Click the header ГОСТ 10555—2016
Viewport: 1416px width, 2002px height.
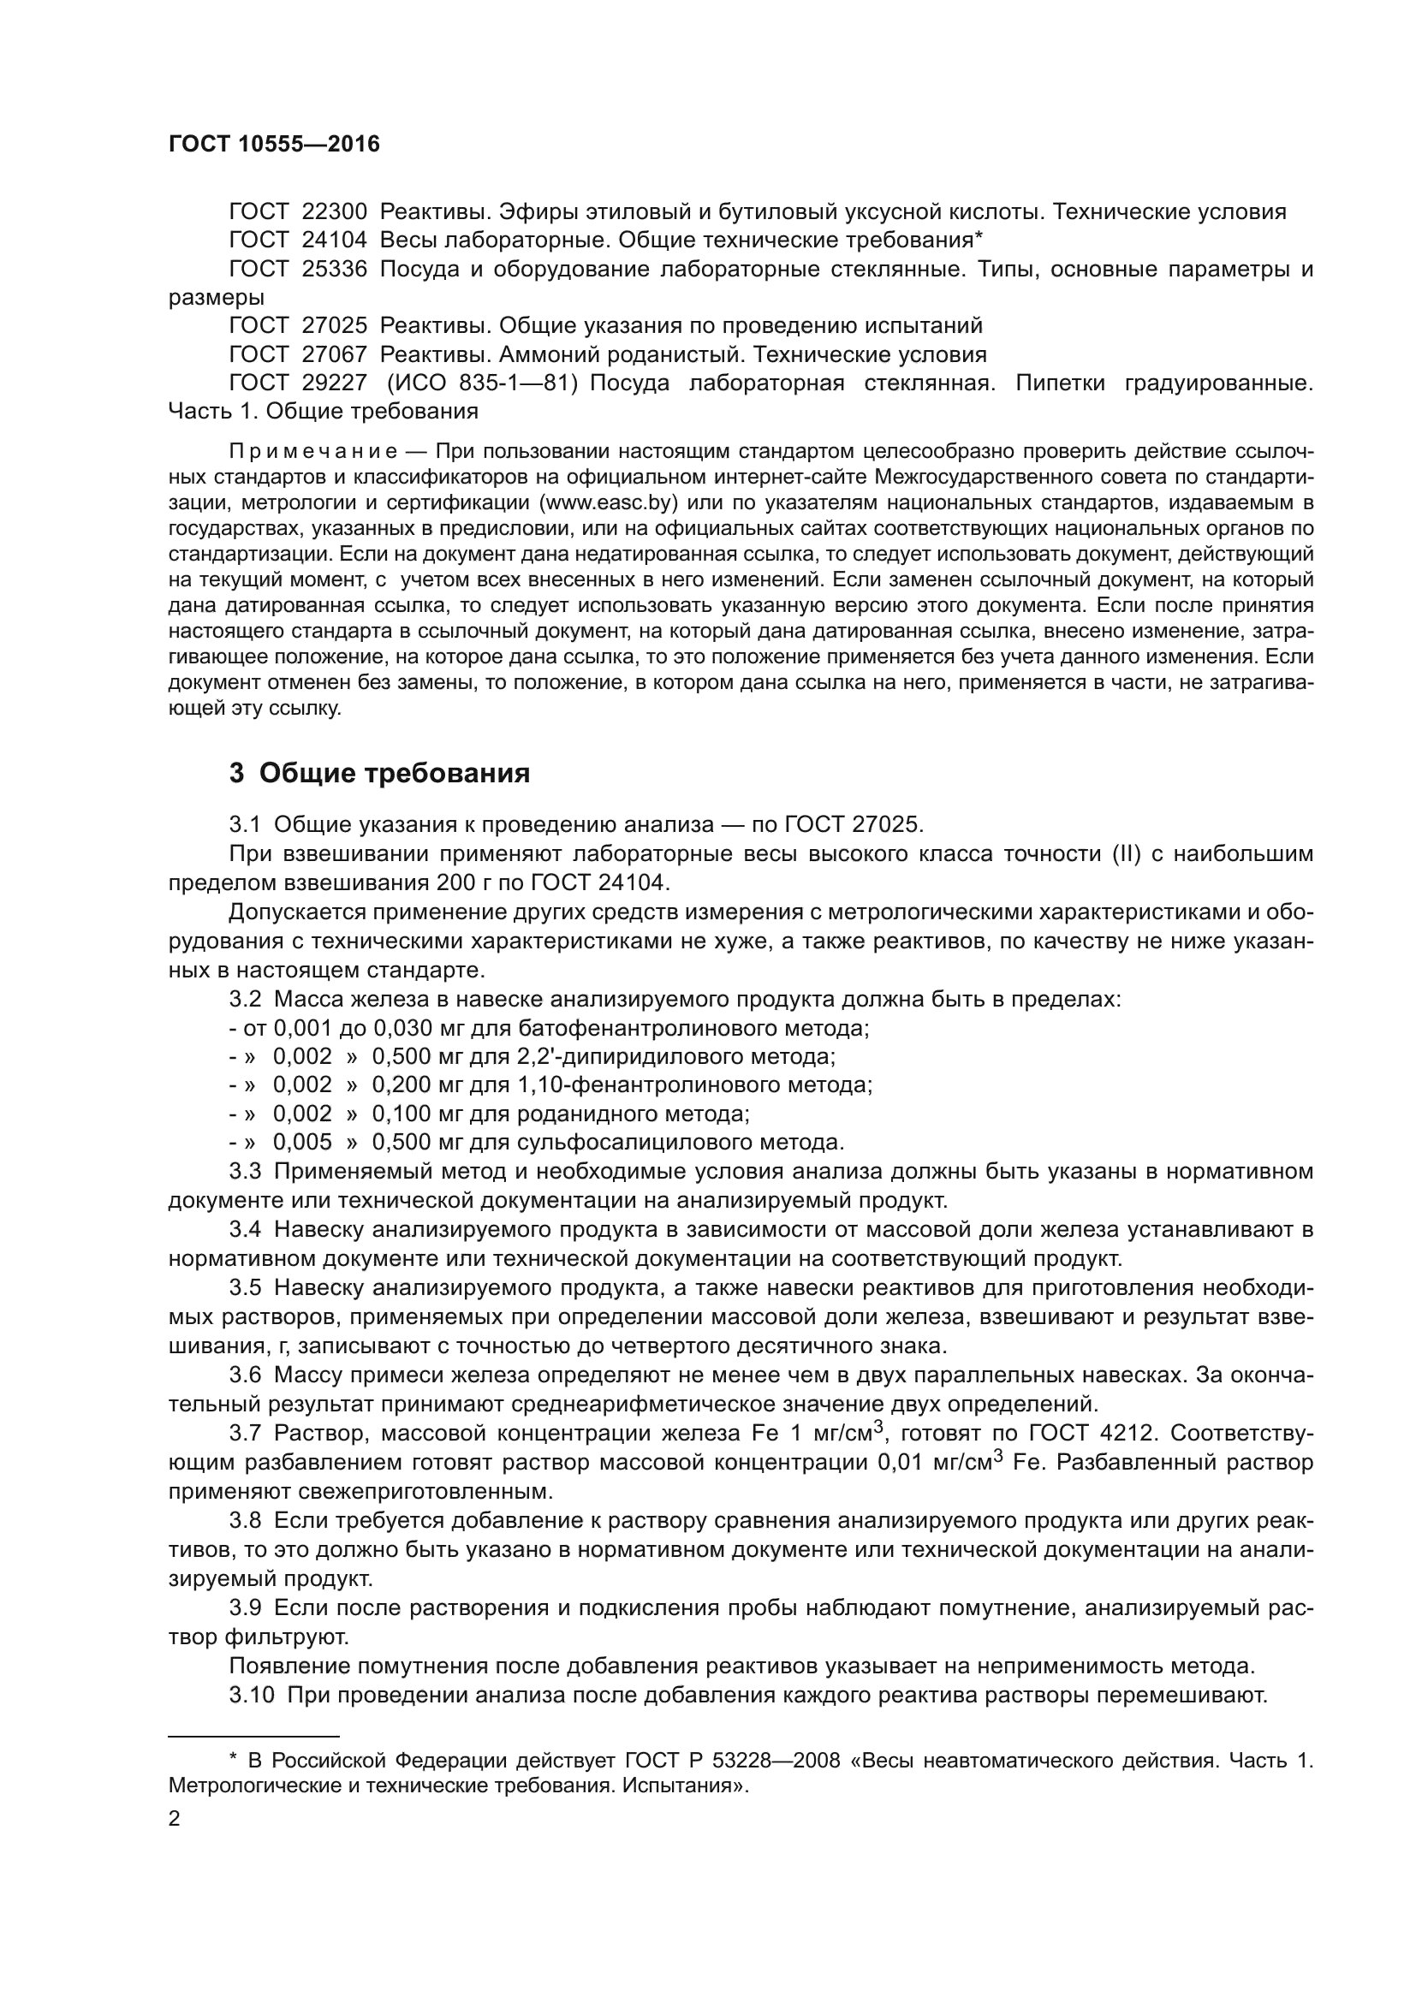[274, 145]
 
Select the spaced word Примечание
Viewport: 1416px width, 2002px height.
[313, 452]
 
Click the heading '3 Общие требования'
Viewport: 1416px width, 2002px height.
[379, 774]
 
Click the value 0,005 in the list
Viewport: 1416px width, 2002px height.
[302, 1143]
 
